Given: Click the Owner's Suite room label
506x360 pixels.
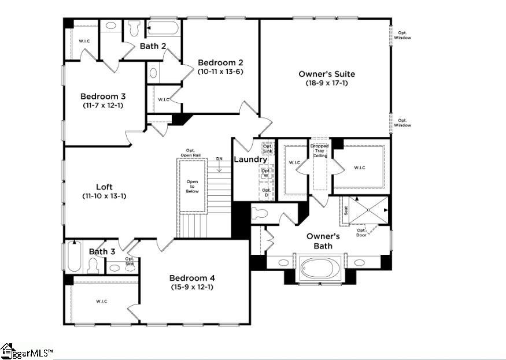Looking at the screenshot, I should (x=327, y=74).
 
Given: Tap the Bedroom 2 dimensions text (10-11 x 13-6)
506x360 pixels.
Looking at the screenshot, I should (x=220, y=72).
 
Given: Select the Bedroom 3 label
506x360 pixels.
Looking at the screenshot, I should (x=103, y=97).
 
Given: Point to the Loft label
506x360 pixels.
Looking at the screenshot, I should (x=104, y=187).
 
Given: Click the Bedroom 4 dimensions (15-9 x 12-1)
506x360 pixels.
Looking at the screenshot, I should (x=193, y=287).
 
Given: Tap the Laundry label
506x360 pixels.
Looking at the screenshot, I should (x=250, y=159).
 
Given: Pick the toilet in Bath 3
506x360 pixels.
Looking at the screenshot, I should (x=93, y=266).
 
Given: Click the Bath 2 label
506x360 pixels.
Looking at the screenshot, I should (x=153, y=46).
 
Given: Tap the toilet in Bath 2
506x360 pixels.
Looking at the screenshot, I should (x=134, y=27).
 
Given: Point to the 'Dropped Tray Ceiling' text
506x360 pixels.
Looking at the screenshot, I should (x=319, y=151).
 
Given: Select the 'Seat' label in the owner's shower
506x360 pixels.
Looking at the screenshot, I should (x=346, y=211).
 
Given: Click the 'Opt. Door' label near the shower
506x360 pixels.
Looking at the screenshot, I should (x=361, y=232).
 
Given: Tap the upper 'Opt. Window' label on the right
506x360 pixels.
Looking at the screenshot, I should (x=404, y=35).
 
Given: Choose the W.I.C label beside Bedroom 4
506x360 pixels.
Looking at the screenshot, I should (x=101, y=301).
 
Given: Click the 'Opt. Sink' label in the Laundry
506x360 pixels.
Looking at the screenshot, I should (x=267, y=148).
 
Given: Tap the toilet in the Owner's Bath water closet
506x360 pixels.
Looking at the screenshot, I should (x=260, y=213).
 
